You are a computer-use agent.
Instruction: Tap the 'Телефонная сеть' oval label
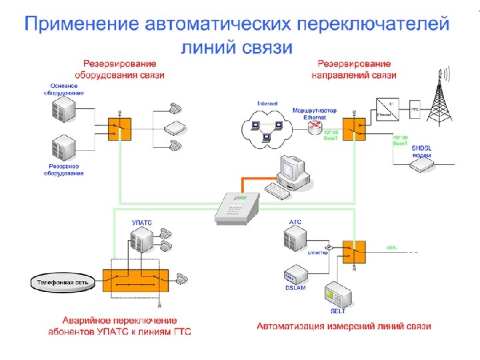pyautogui.click(x=63, y=282)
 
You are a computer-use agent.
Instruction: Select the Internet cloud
pyautogui.click(x=267, y=129)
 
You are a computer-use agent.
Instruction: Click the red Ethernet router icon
pyautogui.click(x=315, y=127)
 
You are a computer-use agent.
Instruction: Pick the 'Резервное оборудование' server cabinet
pyautogui.click(x=64, y=147)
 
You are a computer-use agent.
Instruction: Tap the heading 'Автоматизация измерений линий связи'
pyautogui.click(x=344, y=326)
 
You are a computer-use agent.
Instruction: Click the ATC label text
pyautogui.click(x=295, y=221)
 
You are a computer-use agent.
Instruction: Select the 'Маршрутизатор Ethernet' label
pyautogui.click(x=315, y=113)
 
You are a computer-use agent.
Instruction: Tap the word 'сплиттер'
pyautogui.click(x=318, y=253)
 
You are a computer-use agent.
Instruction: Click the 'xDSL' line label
pyautogui.click(x=392, y=247)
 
